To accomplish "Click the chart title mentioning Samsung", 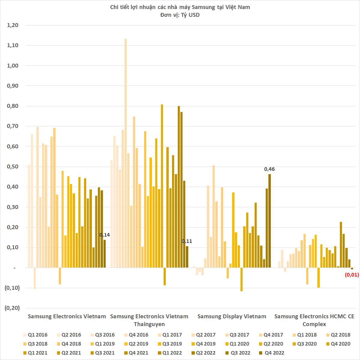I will [x=180, y=7].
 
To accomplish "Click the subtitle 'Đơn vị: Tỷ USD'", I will [x=180, y=15].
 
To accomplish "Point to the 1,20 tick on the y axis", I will [x=13, y=25].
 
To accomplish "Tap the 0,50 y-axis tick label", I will [x=13, y=167].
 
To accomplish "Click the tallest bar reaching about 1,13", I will [x=126, y=153].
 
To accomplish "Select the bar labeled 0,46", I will [x=270, y=221].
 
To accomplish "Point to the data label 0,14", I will [x=104, y=235].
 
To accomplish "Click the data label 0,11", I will [x=187, y=241].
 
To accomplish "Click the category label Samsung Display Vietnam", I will [x=232, y=316].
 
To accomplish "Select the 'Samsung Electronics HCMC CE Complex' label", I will [x=314, y=320].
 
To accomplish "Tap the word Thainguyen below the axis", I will [x=149, y=324].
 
